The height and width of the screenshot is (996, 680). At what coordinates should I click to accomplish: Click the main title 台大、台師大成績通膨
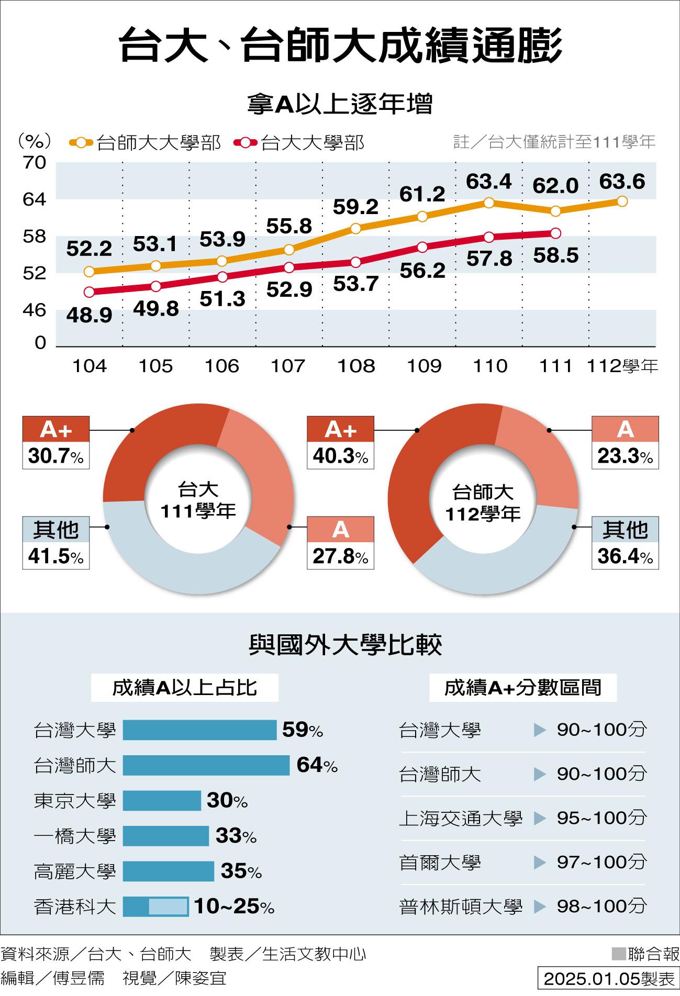[340, 46]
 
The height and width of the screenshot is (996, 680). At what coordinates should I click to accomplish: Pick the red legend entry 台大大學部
[299, 142]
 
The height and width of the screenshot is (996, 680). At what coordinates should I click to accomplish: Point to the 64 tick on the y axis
[35, 199]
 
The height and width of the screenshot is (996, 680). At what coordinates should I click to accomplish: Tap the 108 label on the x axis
[356, 366]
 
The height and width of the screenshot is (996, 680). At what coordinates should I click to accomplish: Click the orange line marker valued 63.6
[622, 202]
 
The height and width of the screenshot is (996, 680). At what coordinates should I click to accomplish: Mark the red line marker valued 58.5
[555, 233]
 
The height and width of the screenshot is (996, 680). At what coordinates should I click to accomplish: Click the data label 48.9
[89, 315]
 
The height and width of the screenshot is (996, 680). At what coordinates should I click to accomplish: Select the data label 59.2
[355, 207]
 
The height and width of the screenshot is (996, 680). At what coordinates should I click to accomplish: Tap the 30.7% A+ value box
[55, 455]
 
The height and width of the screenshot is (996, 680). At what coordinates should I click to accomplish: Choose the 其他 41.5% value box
[55, 556]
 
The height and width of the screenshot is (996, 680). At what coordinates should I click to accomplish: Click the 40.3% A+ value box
[340, 455]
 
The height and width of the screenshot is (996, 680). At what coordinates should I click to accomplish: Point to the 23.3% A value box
[625, 455]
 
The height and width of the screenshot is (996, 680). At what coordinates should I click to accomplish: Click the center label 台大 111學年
[198, 500]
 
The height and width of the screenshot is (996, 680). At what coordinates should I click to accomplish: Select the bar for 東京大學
[162, 800]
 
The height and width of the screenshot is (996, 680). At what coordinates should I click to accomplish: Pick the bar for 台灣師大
[206, 765]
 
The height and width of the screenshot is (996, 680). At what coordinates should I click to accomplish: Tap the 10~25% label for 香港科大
[234, 906]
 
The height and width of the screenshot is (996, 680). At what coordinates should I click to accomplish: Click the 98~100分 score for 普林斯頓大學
[601, 906]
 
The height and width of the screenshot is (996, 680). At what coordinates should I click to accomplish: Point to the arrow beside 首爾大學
[539, 862]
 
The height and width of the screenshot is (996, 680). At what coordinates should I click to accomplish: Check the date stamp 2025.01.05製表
[609, 979]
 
